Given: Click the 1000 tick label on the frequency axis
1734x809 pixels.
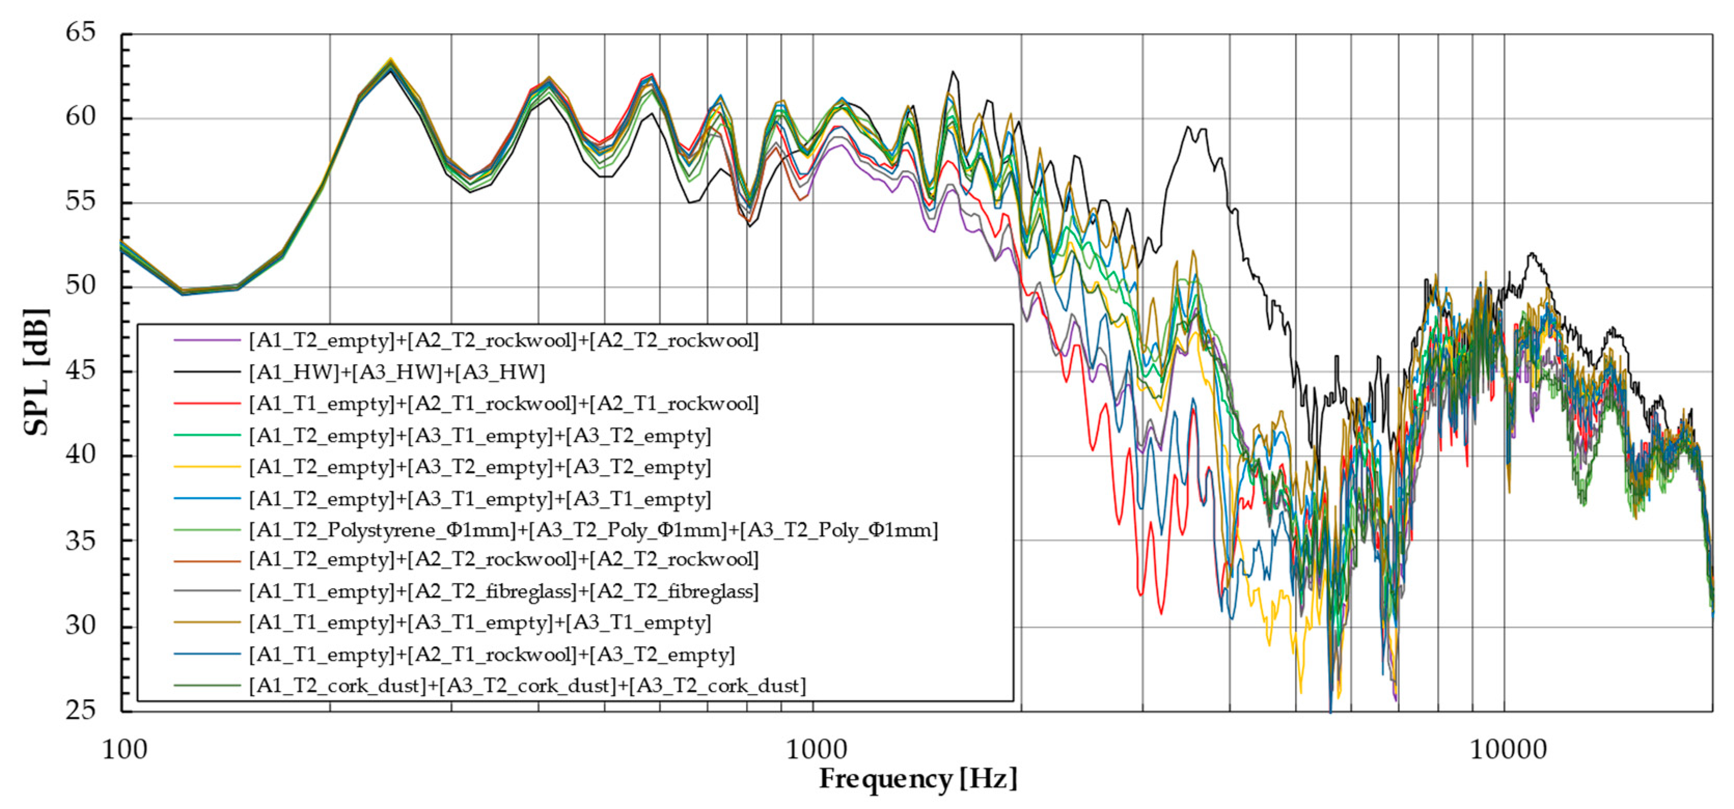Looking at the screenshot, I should coord(816,749).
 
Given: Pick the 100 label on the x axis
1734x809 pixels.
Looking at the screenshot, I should coord(125,749).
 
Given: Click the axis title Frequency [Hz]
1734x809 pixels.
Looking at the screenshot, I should coord(917,779).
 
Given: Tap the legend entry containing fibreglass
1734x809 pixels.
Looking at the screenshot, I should coord(503,592).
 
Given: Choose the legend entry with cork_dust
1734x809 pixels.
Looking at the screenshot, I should coord(527,686).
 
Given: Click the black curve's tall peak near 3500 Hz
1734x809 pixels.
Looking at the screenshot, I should coord(1189,127).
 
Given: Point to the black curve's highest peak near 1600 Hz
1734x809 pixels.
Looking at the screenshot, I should coord(953,72).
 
